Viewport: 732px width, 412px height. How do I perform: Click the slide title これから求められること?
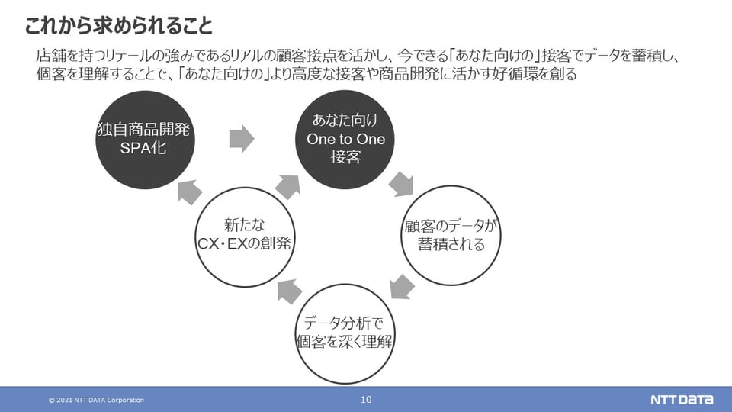[x=118, y=26]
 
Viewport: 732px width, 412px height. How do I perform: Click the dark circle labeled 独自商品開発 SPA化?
[x=143, y=139]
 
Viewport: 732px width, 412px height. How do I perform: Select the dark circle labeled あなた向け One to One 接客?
[x=345, y=139]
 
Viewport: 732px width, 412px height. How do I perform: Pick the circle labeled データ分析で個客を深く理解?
[x=344, y=333]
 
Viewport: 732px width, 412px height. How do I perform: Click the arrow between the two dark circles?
[x=241, y=139]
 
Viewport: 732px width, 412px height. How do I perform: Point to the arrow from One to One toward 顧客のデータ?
[x=401, y=184]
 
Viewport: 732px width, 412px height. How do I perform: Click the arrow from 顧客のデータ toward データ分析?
[x=402, y=287]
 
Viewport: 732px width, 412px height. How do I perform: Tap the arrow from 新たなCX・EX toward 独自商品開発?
[x=190, y=192]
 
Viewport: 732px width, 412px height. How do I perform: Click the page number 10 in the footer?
[x=365, y=400]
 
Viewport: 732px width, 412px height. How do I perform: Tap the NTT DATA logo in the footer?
[x=680, y=400]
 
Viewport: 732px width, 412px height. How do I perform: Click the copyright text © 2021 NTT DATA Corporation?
[x=96, y=401]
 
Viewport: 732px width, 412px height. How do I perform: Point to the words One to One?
[x=345, y=140]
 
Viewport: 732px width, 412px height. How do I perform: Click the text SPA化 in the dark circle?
[x=143, y=149]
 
